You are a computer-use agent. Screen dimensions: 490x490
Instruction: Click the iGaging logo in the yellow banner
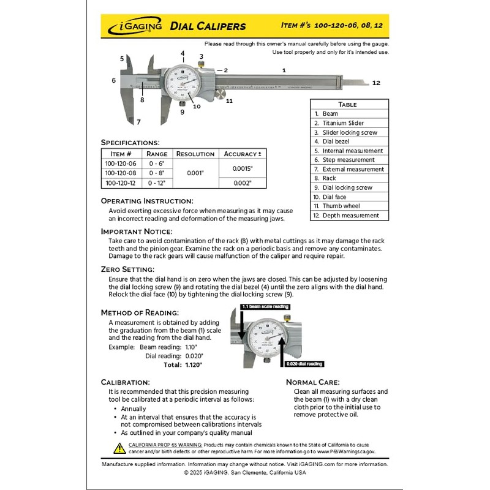(x=136, y=26)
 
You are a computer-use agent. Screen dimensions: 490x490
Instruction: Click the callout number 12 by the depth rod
(x=376, y=83)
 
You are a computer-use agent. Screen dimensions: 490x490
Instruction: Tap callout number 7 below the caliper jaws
(x=138, y=122)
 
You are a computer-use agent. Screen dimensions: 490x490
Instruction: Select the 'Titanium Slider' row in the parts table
(x=343, y=123)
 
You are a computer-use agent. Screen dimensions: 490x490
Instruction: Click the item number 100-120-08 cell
(x=121, y=173)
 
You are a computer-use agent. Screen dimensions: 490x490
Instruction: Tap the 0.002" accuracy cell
(x=242, y=183)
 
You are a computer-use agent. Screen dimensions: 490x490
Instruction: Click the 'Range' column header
(x=157, y=154)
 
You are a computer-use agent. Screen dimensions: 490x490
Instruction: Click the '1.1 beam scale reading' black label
(x=265, y=306)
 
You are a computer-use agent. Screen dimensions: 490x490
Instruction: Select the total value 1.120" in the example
(x=194, y=364)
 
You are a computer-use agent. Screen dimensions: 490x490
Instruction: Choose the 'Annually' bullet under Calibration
(x=133, y=409)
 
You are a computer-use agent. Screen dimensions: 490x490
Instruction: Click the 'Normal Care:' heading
(x=312, y=382)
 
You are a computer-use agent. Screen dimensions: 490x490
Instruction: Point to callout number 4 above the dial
(x=183, y=53)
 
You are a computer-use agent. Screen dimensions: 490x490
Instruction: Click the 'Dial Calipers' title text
(x=208, y=26)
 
